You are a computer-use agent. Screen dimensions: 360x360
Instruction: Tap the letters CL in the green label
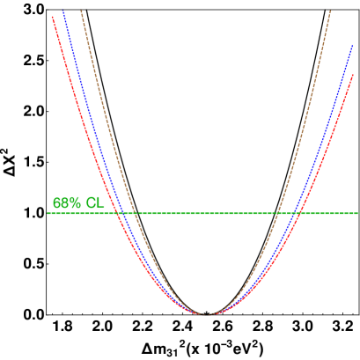(95, 203)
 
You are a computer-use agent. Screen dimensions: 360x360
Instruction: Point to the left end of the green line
(48, 213)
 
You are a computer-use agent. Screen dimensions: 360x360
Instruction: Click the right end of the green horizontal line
(358, 213)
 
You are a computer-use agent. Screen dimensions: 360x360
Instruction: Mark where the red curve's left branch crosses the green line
(117, 213)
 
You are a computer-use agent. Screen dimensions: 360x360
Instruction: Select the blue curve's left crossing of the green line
(124, 213)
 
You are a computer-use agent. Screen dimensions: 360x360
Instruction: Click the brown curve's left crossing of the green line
(136, 213)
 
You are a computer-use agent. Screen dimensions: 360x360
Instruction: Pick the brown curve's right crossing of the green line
(278, 213)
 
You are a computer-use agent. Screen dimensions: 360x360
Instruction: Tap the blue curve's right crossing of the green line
(291, 213)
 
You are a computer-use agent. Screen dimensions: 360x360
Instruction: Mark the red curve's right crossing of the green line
(298, 213)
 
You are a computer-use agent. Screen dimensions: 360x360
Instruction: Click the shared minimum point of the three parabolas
(208, 314)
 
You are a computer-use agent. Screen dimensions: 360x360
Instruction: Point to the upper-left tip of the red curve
(53, 17)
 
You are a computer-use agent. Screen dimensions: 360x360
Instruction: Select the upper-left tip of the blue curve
(63, 11)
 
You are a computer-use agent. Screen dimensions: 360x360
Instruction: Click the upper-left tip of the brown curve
(81, 11)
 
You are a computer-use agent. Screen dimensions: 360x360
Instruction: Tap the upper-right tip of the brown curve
(330, 11)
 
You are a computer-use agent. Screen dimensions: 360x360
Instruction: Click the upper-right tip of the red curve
(353, 75)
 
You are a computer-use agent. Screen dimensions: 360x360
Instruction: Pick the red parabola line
(79, 106)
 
